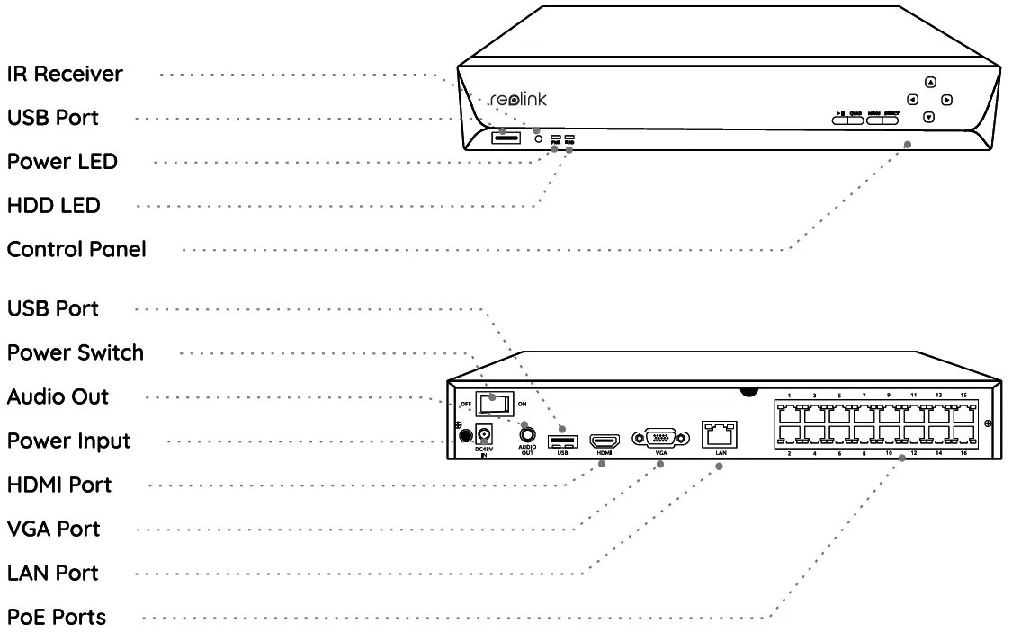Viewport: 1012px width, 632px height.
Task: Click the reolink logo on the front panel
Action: [518, 99]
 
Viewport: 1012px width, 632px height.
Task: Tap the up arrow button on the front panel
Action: [931, 82]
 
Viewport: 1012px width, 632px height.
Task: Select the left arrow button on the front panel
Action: [912, 100]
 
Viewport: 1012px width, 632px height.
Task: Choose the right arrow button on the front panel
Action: [947, 100]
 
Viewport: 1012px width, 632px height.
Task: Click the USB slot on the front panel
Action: [506, 138]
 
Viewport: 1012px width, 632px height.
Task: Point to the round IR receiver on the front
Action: [539, 138]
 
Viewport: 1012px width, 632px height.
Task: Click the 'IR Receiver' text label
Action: [65, 74]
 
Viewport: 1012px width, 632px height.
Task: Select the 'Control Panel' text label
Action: [76, 249]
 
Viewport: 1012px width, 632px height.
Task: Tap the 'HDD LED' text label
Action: [53, 205]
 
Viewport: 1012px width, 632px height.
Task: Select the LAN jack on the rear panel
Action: [721, 434]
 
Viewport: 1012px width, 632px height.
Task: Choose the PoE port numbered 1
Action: [789, 414]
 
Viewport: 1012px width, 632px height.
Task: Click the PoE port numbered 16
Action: [965, 434]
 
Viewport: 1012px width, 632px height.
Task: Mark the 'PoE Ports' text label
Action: [56, 617]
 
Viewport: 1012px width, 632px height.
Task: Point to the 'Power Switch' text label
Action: [76, 352]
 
